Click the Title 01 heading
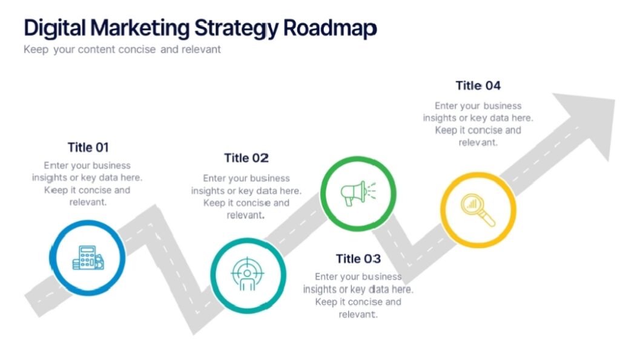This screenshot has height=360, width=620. click(88, 147)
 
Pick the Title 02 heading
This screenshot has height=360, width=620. click(246, 158)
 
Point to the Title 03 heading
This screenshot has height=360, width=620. click(358, 258)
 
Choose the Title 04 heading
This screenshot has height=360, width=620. click(478, 85)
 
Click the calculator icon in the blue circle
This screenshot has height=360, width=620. click(87, 257)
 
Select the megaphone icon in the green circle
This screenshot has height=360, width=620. click(357, 193)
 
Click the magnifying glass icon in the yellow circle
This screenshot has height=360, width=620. click(478, 209)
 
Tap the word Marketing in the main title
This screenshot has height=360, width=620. click(139, 28)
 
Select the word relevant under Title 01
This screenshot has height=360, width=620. click(88, 202)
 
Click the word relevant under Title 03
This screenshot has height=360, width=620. click(358, 314)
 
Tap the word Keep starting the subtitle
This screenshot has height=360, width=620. click(35, 50)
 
